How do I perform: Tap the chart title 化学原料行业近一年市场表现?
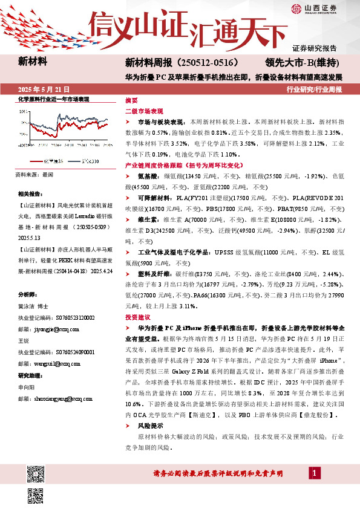pos(54,99)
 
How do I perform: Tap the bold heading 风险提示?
pos(149,426)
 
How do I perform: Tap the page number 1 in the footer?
pos(315,472)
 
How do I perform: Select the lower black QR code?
pos(35,494)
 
